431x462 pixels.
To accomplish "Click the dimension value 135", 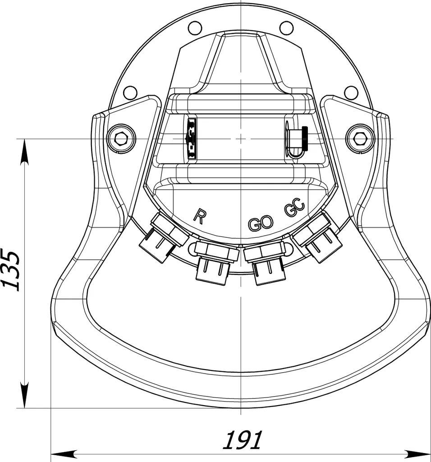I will pos(11,270).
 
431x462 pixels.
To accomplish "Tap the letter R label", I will pos(199,216).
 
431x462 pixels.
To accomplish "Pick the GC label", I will pos(295,209).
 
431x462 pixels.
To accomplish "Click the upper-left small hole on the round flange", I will pos(195,28).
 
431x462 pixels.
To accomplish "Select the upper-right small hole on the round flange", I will pos(286,28).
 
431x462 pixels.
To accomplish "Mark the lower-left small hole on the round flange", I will pos(130,93).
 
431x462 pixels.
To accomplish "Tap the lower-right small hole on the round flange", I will pos(351,93).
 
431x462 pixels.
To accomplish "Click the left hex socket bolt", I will pos(121,138).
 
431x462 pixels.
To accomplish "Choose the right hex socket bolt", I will pos(360,138).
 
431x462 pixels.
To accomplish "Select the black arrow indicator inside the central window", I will pos(191,138).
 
